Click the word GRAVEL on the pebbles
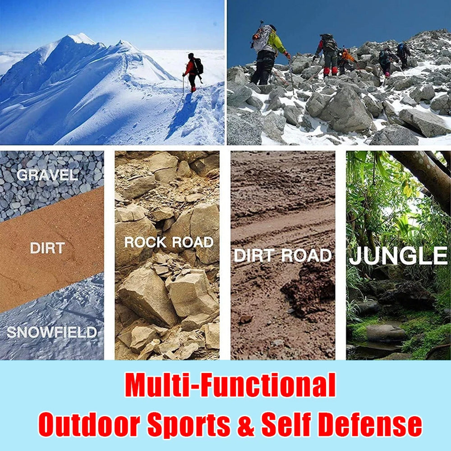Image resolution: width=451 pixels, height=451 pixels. coord(47,175)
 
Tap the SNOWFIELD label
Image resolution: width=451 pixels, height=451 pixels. coord(52,332)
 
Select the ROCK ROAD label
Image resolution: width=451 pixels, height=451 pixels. coord(169,242)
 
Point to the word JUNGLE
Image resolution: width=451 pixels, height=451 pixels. coord(398,255)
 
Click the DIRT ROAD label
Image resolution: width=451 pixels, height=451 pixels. coord(283,255)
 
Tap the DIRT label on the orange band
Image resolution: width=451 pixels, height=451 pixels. coord(47,248)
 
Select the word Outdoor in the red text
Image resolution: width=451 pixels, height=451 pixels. coord(89,424)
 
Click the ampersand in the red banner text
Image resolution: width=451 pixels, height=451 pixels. coord(246,424)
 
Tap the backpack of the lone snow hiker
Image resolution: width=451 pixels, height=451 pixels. coord(198,66)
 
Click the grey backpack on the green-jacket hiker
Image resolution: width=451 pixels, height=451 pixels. coord(261,38)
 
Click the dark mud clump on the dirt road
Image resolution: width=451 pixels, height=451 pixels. coord(308,291)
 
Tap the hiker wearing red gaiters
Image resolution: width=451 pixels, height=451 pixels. coord(327,56)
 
